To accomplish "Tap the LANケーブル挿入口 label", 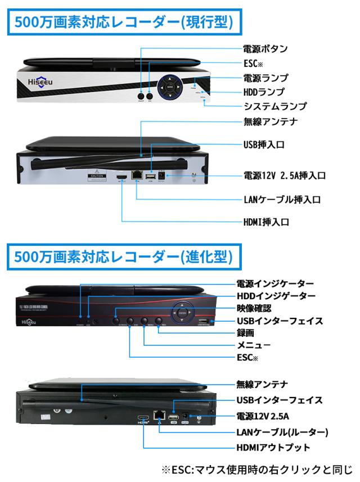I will coord(278,199).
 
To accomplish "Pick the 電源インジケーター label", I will coord(275,283).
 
